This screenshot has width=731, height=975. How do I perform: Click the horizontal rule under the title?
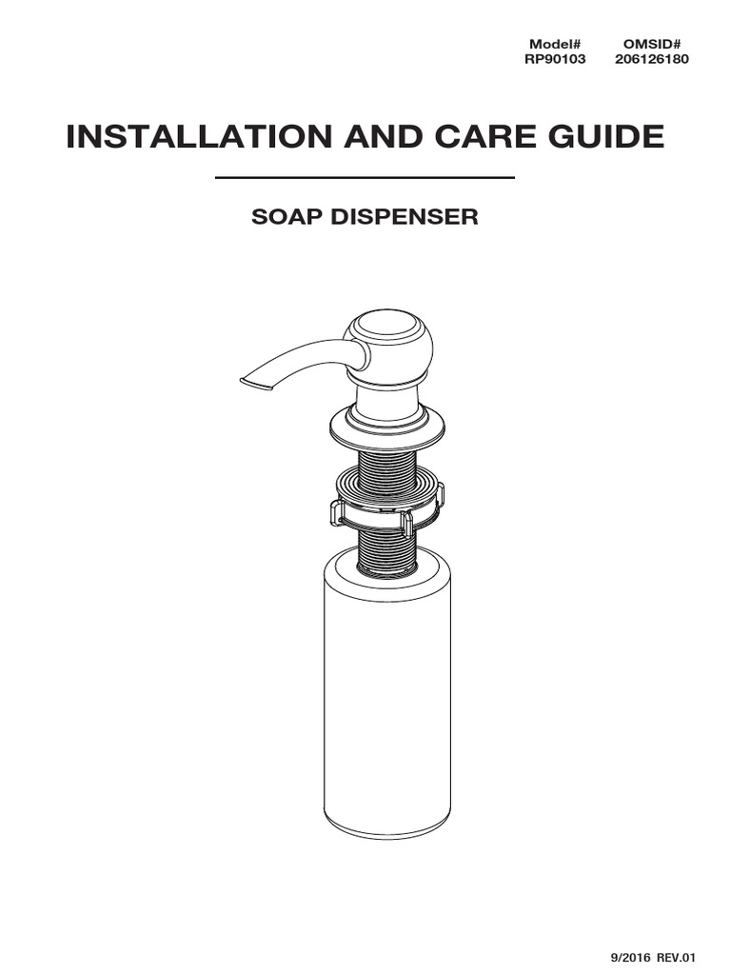click(x=365, y=178)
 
